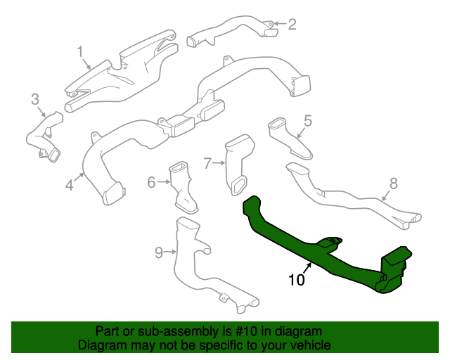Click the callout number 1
point(80,51)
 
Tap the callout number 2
point(292,25)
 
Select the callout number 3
point(35,100)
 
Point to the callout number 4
point(69,186)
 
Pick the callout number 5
point(307,120)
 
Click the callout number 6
point(150,183)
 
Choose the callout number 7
point(207,164)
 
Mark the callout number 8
point(393,184)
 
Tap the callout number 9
point(158,252)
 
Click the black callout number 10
point(297,280)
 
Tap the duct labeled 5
point(288,137)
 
